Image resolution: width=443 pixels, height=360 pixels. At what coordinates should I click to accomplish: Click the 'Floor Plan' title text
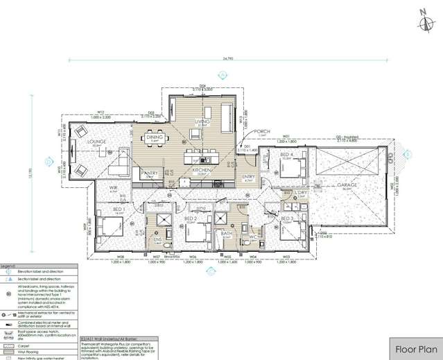416,349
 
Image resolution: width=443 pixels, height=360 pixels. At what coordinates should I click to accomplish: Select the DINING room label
154,137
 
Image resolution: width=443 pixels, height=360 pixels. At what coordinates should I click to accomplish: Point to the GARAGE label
347,185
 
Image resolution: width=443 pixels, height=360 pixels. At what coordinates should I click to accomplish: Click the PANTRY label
150,173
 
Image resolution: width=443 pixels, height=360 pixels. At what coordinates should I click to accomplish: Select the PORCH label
262,131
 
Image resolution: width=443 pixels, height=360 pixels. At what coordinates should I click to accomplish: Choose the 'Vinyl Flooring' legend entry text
31,350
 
